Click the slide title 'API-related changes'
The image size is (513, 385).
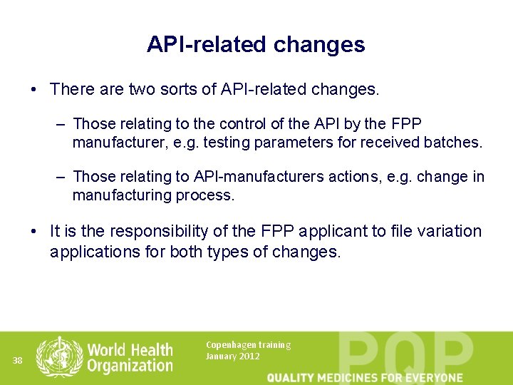256,44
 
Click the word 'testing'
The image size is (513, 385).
226,143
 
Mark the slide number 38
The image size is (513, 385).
18,361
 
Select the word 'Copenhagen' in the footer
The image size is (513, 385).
231,345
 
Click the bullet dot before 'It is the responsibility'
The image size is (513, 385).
33,232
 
